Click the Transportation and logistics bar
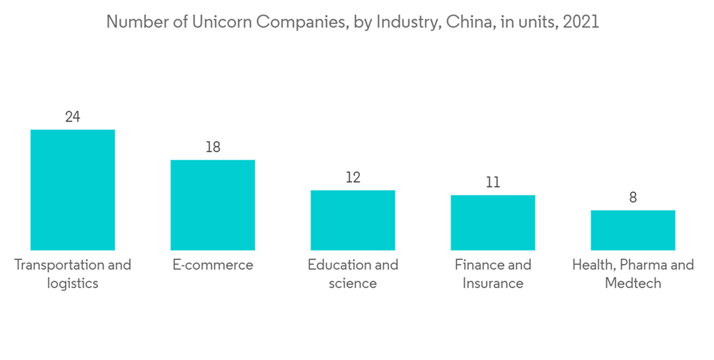(x=72, y=190)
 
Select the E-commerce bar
(x=212, y=205)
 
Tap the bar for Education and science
(x=353, y=220)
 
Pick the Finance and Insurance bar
(x=493, y=222)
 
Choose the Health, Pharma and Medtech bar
(x=633, y=230)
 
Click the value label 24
(x=72, y=116)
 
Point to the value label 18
(x=213, y=147)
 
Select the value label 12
(x=353, y=177)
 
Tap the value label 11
(x=493, y=182)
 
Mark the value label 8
(x=633, y=197)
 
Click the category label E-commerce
(x=213, y=265)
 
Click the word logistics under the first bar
(x=73, y=284)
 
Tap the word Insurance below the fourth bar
(x=493, y=284)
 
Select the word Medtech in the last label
(x=633, y=284)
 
